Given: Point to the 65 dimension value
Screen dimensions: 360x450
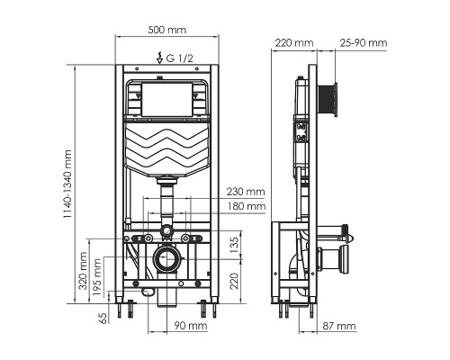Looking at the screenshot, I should [x=103, y=317].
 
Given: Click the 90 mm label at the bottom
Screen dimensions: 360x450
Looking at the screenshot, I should [x=189, y=325].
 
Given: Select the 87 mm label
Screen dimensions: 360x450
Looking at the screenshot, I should [x=339, y=325].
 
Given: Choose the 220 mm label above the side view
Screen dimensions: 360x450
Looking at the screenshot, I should [x=295, y=42].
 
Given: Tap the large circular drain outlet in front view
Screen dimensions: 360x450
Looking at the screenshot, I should [x=166, y=262].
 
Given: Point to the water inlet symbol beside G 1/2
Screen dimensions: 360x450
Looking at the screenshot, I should [x=158, y=58].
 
